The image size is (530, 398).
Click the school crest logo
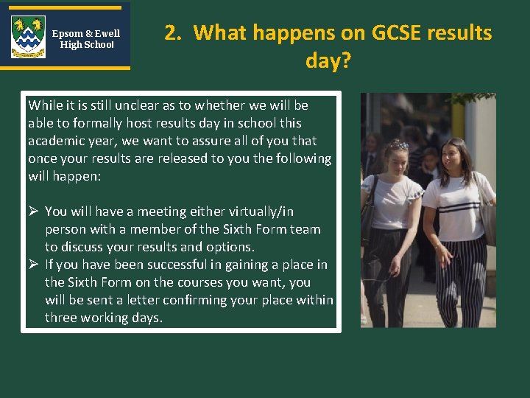pos(28,37)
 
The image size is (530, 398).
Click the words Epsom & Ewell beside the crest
pos(86,33)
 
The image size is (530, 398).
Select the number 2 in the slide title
pos(171,33)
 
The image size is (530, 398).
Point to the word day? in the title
pos(328,60)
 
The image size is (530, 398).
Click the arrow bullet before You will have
pos(34,212)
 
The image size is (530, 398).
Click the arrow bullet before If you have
pos(34,265)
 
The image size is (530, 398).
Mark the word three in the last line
pos(61,318)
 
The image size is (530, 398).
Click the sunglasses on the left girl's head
pos(398,144)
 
